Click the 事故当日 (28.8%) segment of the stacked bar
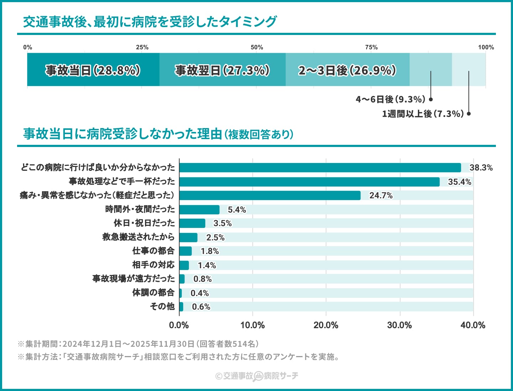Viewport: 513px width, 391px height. [93, 70]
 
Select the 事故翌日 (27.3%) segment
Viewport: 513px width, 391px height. [222, 70]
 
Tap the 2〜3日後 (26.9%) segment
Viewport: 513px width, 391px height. [347, 70]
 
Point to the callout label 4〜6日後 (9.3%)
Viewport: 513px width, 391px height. [390, 99]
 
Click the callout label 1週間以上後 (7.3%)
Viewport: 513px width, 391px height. [423, 114]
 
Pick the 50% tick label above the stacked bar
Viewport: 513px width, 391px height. [256, 47]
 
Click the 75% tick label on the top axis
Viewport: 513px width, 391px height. [371, 47]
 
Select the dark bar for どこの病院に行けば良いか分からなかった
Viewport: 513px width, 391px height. [320, 168]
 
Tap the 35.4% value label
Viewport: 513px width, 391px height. [460, 182]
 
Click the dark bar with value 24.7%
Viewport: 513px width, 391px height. [270, 195]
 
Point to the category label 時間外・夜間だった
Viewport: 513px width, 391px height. [140, 209]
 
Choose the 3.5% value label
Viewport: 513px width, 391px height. [223, 223]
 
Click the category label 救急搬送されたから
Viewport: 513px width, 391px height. [139, 237]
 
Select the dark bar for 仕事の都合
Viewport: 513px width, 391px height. [185, 251]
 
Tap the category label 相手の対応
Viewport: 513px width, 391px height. [154, 265]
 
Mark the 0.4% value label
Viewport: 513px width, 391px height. [200, 293]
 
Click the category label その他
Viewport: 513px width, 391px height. [162, 306]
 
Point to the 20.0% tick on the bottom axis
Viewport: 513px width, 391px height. [326, 325]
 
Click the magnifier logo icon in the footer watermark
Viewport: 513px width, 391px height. [258, 376]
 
